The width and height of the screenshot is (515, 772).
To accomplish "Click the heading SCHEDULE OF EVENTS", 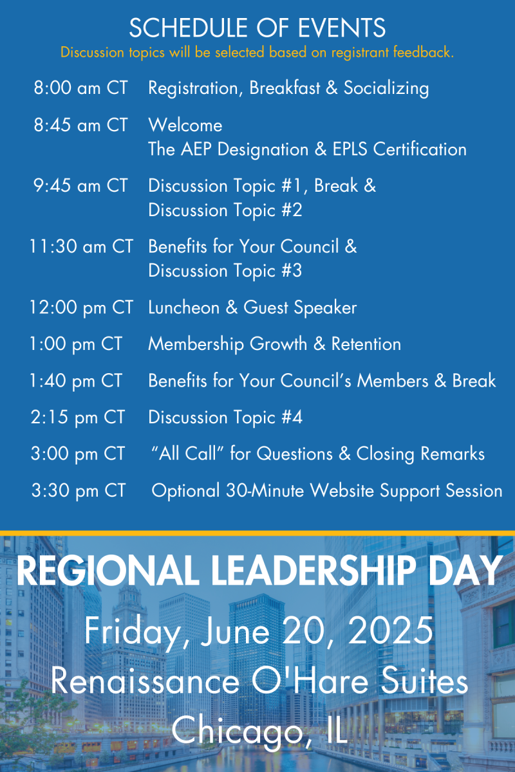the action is (257, 28).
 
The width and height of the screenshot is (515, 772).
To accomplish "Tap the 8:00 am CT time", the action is (80, 87).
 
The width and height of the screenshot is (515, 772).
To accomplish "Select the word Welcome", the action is (185, 125).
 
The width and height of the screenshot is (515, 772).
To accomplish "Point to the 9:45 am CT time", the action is (80, 185).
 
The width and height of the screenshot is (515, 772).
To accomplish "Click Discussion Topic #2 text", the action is (225, 210).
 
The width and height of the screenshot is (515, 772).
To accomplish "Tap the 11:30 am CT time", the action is (81, 246).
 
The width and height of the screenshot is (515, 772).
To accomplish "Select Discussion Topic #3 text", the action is (225, 271).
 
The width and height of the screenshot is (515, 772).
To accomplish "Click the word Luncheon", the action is (184, 307).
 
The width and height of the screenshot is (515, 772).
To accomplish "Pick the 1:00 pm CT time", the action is (76, 344).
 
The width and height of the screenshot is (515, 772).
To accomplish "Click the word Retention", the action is (366, 344).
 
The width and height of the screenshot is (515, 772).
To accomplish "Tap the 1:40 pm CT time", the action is (76, 381).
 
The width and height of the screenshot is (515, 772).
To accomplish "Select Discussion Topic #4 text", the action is (225, 418).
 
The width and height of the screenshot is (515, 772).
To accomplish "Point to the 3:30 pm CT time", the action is (79, 490).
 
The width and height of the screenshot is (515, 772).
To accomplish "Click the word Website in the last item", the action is (342, 490).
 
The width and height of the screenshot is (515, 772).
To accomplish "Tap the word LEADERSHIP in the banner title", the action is (314, 570).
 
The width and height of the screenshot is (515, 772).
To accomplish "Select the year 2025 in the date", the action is (391, 630).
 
